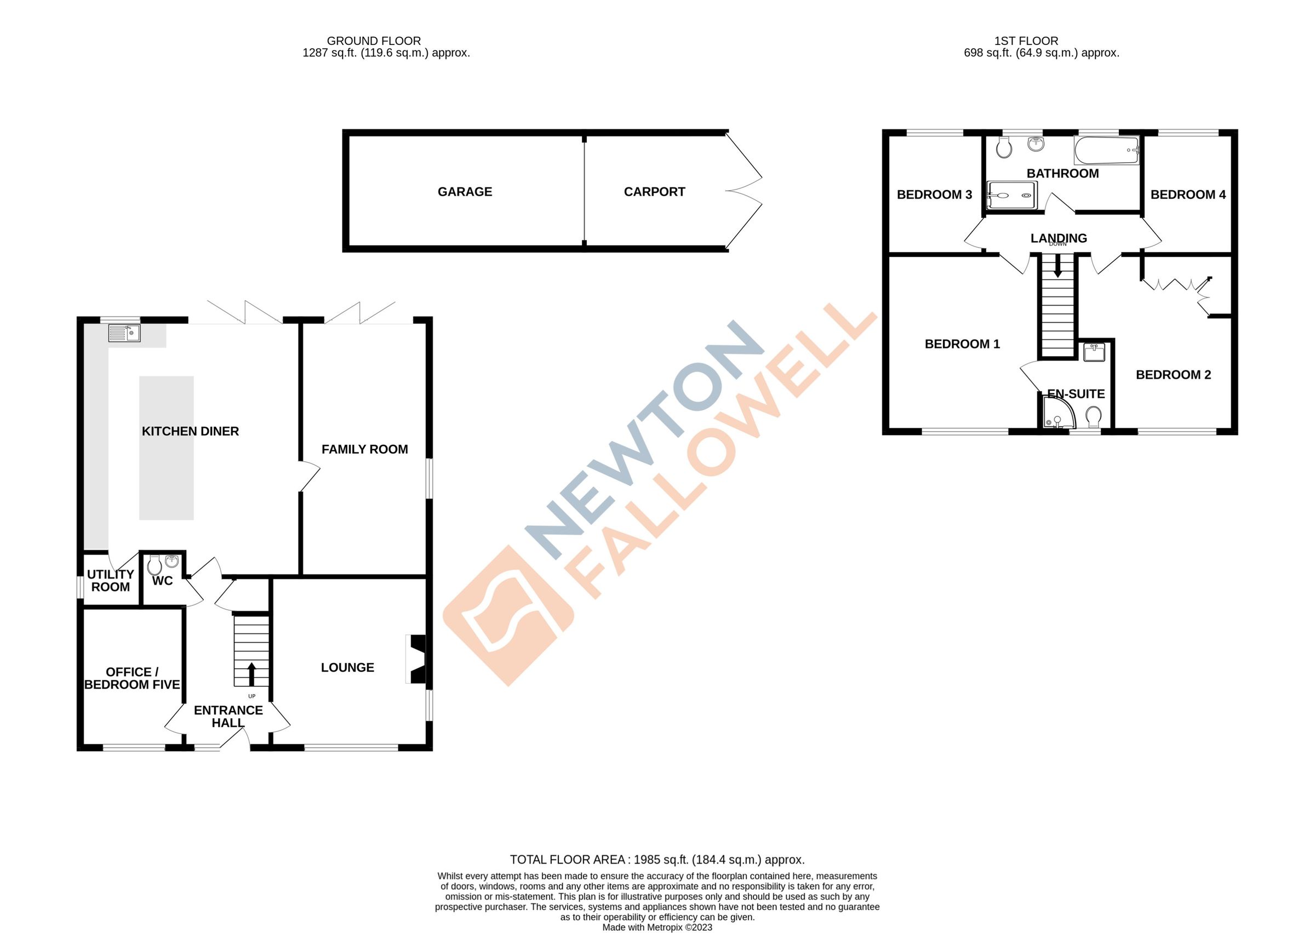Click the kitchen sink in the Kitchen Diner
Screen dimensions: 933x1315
124,333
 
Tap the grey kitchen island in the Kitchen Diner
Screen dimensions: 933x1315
166,448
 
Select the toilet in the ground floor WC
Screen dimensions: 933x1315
154,566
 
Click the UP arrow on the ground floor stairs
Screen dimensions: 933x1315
251,674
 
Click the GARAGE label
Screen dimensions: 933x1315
465,192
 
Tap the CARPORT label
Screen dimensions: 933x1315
654,192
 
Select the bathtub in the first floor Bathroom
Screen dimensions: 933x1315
1106,151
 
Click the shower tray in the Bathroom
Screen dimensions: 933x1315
1011,196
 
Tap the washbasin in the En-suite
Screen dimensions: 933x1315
1093,352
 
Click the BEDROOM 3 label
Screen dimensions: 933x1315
934,194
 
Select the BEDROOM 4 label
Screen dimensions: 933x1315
1188,194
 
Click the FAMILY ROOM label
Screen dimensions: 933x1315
365,449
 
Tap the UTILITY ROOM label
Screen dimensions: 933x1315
111,580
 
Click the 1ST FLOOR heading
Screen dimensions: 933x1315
1026,41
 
